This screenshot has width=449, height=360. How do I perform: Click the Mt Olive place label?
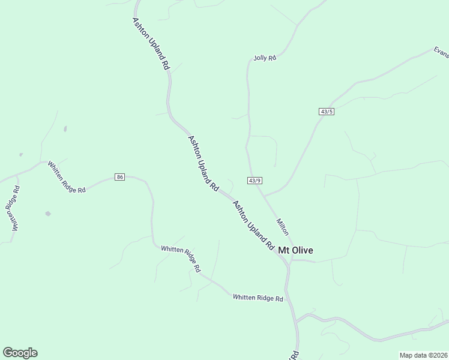click(295, 250)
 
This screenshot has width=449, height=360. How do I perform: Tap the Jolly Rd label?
click(264, 58)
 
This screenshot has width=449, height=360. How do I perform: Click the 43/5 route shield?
click(327, 112)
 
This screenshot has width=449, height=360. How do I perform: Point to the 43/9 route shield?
click(255, 181)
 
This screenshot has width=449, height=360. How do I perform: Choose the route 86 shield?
click(120, 177)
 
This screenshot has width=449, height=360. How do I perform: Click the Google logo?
click(20, 353)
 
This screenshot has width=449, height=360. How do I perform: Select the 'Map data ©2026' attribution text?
click(424, 355)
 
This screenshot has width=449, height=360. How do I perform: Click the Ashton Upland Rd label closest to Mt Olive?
click(253, 225)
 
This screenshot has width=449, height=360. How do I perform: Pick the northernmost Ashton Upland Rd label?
click(150, 44)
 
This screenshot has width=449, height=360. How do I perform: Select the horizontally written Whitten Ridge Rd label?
click(258, 298)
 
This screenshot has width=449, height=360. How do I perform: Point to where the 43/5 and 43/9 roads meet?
click(264, 196)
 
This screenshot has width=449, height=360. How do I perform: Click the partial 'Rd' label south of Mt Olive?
click(295, 355)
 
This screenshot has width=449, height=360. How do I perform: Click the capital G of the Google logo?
click(7, 353)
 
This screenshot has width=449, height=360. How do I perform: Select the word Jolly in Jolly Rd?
click(261, 58)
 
